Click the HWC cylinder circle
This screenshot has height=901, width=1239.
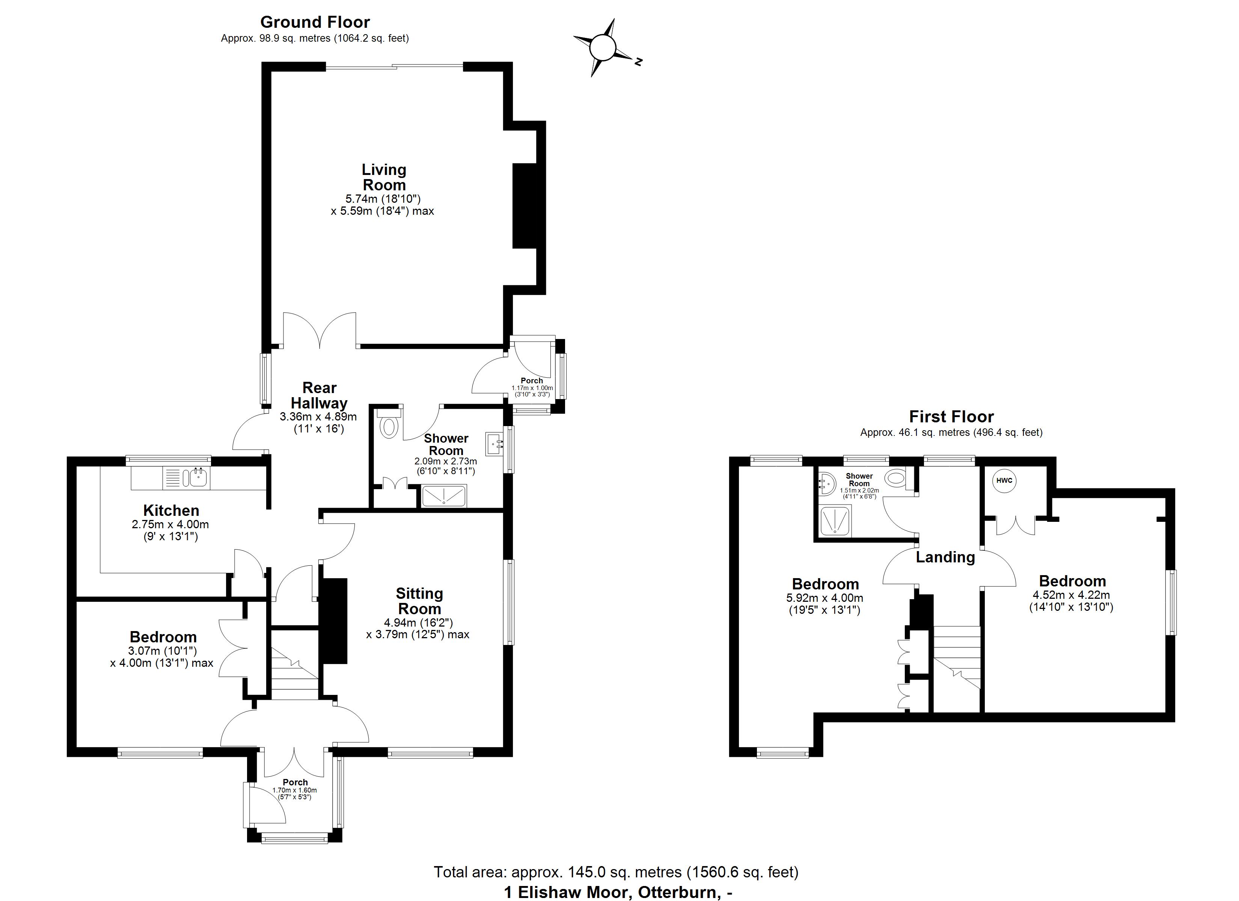(1004, 481)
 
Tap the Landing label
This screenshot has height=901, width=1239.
(945, 557)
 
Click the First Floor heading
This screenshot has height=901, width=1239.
(951, 417)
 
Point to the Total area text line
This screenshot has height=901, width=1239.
(616, 872)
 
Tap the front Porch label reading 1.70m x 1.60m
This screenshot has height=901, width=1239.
(295, 790)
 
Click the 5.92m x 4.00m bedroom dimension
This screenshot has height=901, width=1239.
(825, 598)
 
